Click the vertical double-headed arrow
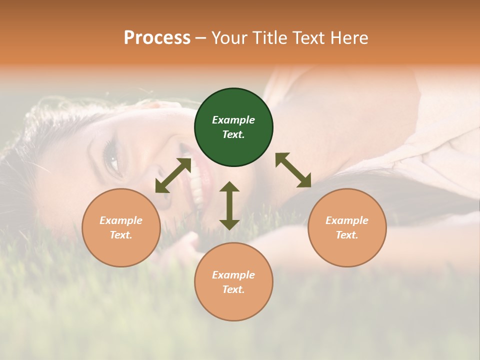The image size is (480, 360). click(229, 205)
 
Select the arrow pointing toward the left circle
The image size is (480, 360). click(173, 175)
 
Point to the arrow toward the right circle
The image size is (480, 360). click(293, 170)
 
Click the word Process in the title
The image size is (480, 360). click(157, 38)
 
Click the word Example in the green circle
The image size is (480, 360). click(233, 120)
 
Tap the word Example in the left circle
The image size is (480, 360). click(121, 220)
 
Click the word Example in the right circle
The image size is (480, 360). click(347, 220)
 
